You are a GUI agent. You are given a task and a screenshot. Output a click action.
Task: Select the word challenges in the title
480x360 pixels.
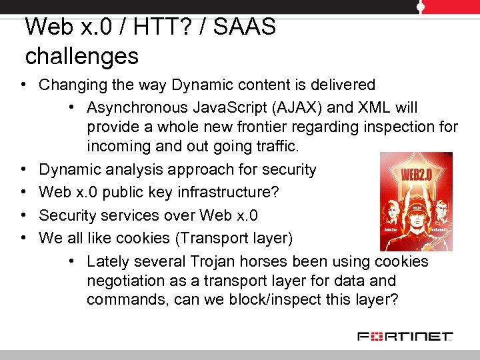(81, 56)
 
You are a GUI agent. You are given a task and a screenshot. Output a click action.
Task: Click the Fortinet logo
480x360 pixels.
(405, 336)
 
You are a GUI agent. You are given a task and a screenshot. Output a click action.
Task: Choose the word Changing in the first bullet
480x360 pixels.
(71, 85)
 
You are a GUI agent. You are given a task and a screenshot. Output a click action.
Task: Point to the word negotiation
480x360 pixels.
(127, 281)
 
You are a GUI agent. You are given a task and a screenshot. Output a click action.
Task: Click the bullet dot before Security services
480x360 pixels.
(23, 215)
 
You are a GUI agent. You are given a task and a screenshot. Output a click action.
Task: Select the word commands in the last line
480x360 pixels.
(127, 300)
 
